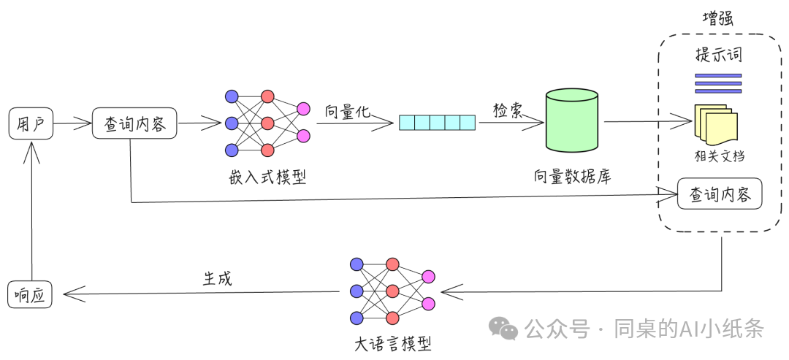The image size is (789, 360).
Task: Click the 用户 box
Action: coord(30,124)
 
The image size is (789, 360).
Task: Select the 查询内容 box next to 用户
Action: coord(135,124)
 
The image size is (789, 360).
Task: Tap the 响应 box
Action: coord(30,294)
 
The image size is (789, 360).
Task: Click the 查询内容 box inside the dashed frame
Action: coord(720,194)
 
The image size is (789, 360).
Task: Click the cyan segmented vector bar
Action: coord(437,123)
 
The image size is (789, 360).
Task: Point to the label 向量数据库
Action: coord(572,177)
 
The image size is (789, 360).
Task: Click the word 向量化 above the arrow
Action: coord(348,112)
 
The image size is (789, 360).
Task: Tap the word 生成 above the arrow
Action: coord(217,278)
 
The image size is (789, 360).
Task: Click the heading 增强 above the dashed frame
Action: coord(717,19)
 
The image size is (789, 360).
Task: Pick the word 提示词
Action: coord(719,55)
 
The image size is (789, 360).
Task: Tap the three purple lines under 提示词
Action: coord(718,84)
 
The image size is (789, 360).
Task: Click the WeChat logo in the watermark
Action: coord(503,329)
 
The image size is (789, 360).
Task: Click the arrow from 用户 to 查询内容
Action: coord(72,123)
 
